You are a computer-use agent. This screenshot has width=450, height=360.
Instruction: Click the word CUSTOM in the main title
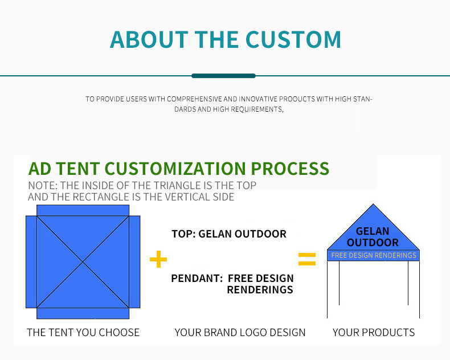[x=293, y=39]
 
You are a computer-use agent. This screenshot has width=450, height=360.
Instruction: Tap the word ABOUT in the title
[x=149, y=39]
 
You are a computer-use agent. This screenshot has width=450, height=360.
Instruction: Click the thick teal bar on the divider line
[x=223, y=76]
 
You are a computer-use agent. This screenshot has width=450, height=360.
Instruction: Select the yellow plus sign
[x=158, y=259]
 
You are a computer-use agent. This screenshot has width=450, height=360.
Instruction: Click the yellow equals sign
[x=307, y=259]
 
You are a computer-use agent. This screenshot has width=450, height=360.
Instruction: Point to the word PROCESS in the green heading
[x=290, y=169]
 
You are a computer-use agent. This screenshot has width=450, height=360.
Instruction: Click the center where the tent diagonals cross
[x=83, y=262]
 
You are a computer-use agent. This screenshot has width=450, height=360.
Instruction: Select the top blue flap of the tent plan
[x=83, y=210]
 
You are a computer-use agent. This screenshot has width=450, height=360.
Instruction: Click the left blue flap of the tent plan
[x=31, y=262]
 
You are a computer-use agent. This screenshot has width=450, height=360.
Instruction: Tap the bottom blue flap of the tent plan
[x=83, y=313]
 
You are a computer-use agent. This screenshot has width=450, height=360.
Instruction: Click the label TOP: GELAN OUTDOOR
[x=229, y=234]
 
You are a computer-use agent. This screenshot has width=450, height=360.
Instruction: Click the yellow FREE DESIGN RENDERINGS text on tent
[x=374, y=255]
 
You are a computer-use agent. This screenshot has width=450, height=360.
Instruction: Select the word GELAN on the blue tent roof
[x=373, y=231]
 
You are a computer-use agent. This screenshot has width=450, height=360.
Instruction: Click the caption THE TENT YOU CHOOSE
[x=83, y=333]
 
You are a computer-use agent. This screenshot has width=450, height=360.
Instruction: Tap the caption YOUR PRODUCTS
[x=374, y=333]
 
